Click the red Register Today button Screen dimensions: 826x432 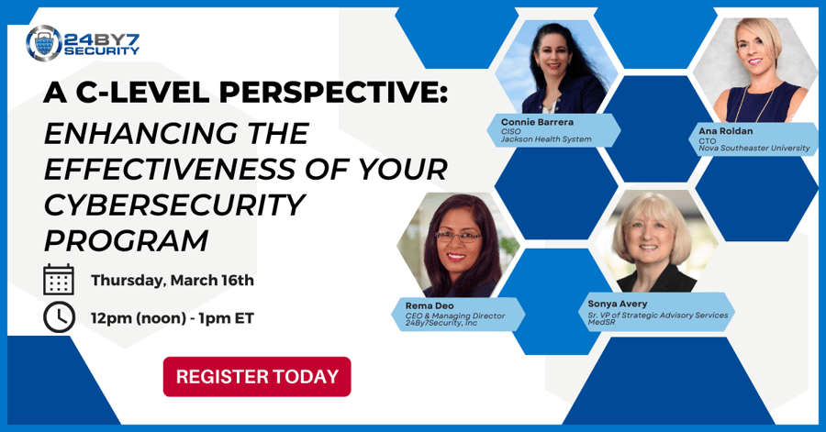click(257, 377)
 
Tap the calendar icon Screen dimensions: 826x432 click(59, 280)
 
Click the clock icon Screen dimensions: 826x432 click(59, 317)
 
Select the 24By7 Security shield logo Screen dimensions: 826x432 click(44, 44)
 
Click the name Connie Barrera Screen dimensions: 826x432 click(537, 122)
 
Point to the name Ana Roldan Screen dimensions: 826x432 click(725, 131)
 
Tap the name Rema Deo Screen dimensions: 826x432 click(430, 305)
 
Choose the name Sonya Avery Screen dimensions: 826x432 click(618, 304)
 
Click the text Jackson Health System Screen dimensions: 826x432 click(546, 139)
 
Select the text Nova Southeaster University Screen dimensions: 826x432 click(754, 149)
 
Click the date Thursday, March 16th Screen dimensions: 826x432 click(173, 280)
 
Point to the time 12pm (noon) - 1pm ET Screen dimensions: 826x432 click(173, 318)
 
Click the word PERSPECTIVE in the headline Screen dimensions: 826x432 click(333, 94)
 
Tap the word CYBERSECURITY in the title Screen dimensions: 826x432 click(174, 205)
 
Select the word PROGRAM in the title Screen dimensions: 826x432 click(126, 240)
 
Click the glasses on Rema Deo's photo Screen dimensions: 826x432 click(458, 237)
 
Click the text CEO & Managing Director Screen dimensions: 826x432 click(454, 316)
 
